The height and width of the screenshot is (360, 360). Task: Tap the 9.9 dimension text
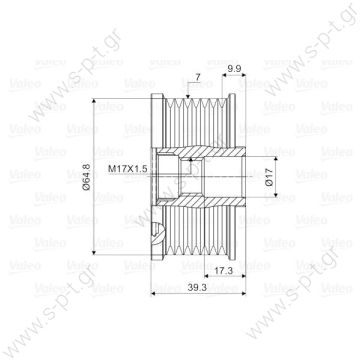(x=234, y=68)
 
